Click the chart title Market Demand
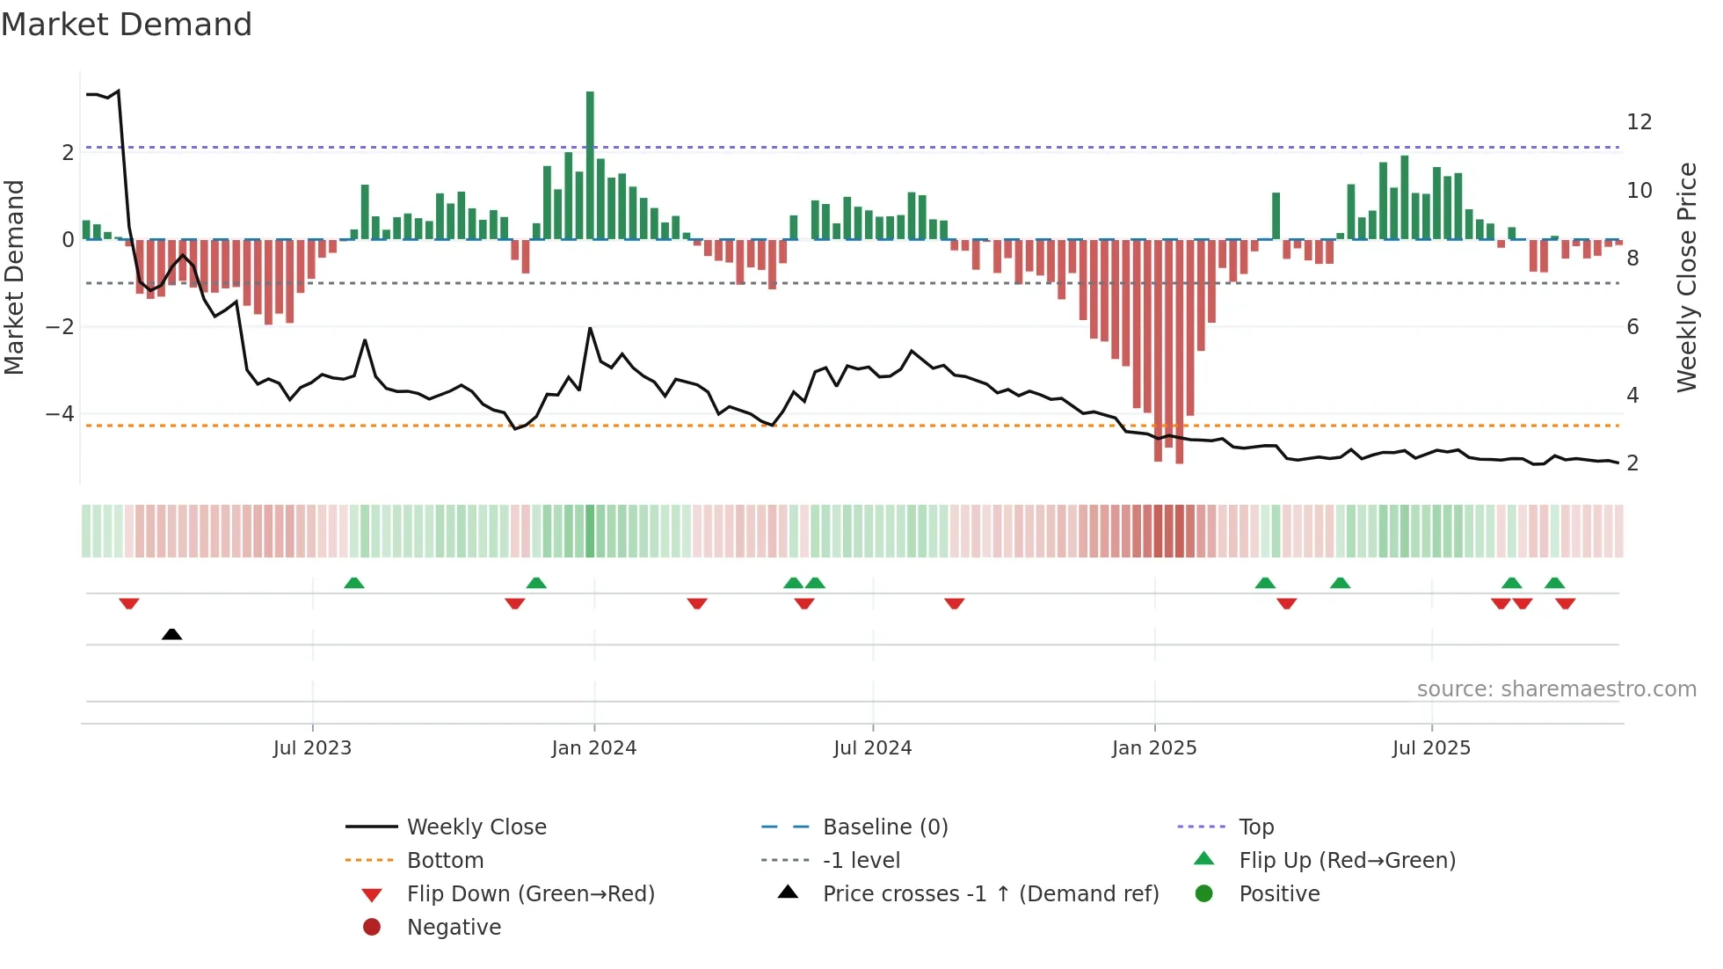[127, 25]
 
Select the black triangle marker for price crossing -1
[172, 634]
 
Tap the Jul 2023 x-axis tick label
[312, 748]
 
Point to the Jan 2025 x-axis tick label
[1153, 748]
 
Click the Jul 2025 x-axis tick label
[1431, 748]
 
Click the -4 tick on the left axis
[60, 413]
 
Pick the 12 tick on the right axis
[1639, 122]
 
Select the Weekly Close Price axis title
[1686, 277]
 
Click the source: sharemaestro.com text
[1556, 689]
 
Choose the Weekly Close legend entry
[476, 827]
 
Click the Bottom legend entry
[445, 861]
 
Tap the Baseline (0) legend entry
[884, 827]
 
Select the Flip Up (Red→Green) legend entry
[1347, 861]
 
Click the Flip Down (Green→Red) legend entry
[530, 894]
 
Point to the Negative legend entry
[454, 928]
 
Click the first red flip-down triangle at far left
[129, 603]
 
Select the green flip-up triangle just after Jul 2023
[354, 583]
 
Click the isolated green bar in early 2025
[1276, 216]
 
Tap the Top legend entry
[1255, 827]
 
